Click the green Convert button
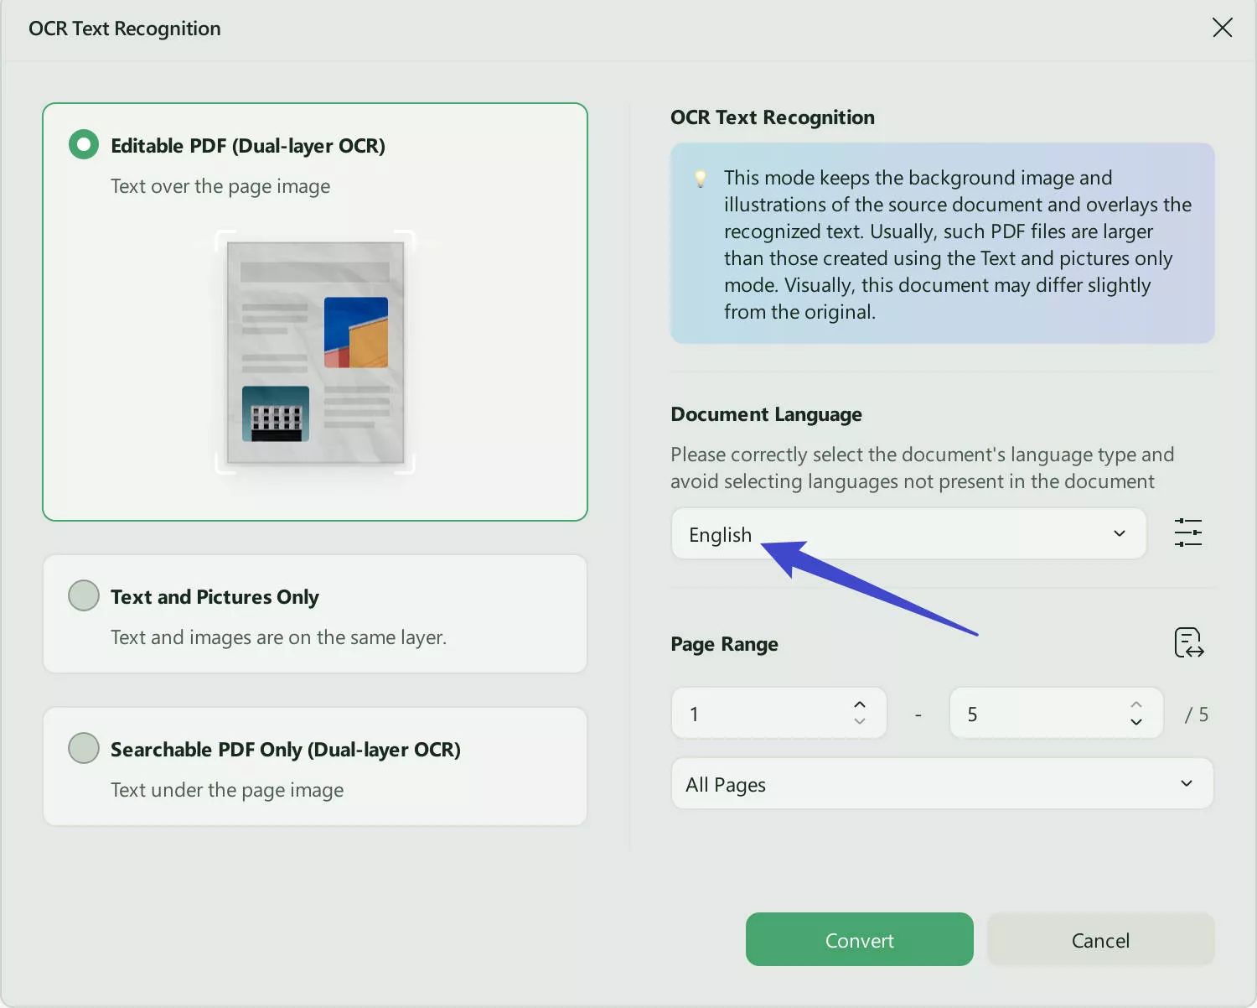pyautogui.click(x=859, y=939)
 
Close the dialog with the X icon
pyautogui.click(x=1222, y=28)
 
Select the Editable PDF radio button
pyautogui.click(x=84, y=144)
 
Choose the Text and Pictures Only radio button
pyautogui.click(x=84, y=595)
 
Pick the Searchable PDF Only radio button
pyautogui.click(x=84, y=748)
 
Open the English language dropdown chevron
pyautogui.click(x=1120, y=534)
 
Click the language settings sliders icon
pyautogui.click(x=1188, y=533)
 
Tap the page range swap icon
pyautogui.click(x=1188, y=643)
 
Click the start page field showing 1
pyautogui.click(x=778, y=714)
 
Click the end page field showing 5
pyautogui.click(x=1056, y=714)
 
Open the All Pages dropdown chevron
pyautogui.click(x=1187, y=783)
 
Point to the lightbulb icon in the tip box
pyautogui.click(x=700, y=179)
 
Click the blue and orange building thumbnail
pyautogui.click(x=355, y=332)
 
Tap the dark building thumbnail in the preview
pyautogui.click(x=276, y=414)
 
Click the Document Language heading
pyautogui.click(x=766, y=414)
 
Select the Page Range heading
pyautogui.click(x=724, y=644)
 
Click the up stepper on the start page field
pyautogui.click(x=859, y=704)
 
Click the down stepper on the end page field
pyautogui.click(x=1136, y=722)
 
